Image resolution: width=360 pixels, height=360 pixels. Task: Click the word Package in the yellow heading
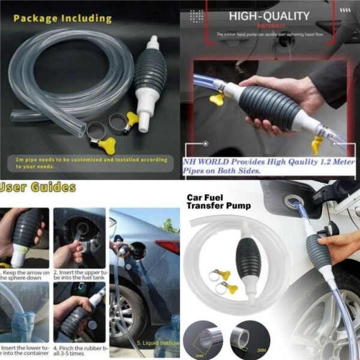pyautogui.click(x=35, y=18)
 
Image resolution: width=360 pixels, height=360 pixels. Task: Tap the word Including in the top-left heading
pyautogui.click(x=87, y=18)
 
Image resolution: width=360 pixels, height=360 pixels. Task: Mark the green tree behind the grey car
pyautogui.click(x=170, y=226)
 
